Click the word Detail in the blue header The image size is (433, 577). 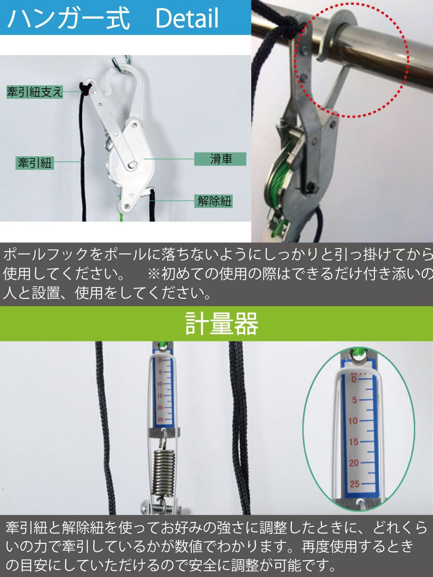coord(187,18)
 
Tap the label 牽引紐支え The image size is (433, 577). coord(35,92)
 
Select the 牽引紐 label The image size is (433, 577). coord(35,163)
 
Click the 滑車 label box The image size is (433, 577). coord(220,159)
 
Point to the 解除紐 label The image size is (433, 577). coord(214,202)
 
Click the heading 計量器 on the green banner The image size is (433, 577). coord(222,324)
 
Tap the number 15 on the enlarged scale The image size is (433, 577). coord(354,442)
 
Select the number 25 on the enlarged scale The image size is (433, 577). coord(354,484)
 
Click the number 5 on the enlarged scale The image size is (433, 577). coord(355,400)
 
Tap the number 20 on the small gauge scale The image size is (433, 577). coord(160,408)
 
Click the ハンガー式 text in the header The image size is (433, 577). coord(68,18)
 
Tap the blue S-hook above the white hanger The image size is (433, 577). coord(121,60)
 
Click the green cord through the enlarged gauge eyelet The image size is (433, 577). coord(359,354)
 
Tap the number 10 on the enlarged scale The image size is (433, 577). coord(354,421)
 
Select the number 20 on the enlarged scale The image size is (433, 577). coord(354,463)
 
